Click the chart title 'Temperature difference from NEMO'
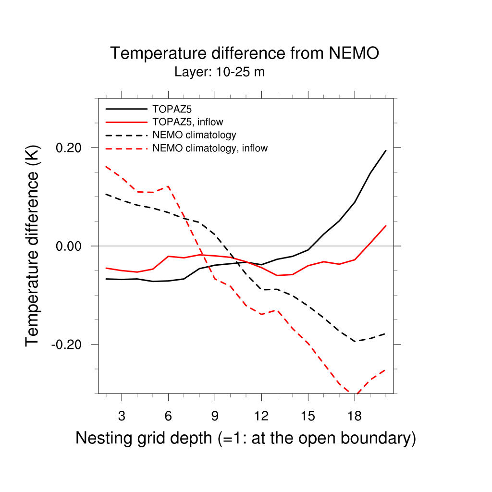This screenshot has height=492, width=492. [x=245, y=53]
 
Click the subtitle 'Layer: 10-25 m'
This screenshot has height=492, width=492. [x=220, y=73]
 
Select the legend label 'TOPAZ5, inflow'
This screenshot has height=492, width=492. [x=187, y=122]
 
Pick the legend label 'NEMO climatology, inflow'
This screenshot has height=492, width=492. [x=209, y=148]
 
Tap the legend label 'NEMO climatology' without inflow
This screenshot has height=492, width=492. [x=194, y=135]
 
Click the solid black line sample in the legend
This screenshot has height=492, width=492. [x=126, y=109]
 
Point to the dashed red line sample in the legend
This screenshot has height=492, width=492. [x=126, y=148]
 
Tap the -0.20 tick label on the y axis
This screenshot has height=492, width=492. [x=68, y=344]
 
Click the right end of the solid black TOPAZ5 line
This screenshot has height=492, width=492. [x=386, y=150]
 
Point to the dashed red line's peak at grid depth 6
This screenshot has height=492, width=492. [x=168, y=186]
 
